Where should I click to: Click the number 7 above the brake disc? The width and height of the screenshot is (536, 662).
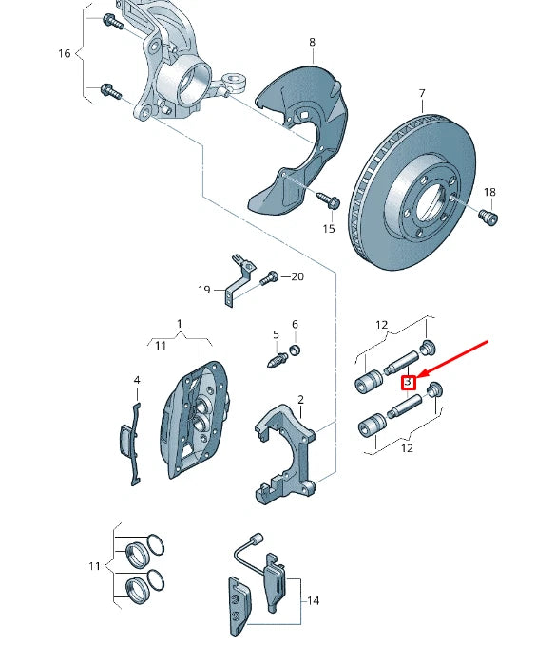(x=420, y=94)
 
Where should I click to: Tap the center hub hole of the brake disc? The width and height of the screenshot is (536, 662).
(x=429, y=202)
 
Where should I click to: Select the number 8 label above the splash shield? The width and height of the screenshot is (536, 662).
(x=311, y=42)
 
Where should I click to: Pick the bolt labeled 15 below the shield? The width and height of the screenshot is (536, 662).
(x=329, y=201)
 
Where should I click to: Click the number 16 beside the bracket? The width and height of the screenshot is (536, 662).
(x=65, y=53)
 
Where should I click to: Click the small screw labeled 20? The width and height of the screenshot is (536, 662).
(x=271, y=276)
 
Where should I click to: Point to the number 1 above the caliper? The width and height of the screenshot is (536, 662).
(x=178, y=324)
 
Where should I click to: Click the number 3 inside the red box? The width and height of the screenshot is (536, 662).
(x=409, y=382)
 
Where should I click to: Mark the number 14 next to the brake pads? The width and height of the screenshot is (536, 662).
(x=313, y=600)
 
